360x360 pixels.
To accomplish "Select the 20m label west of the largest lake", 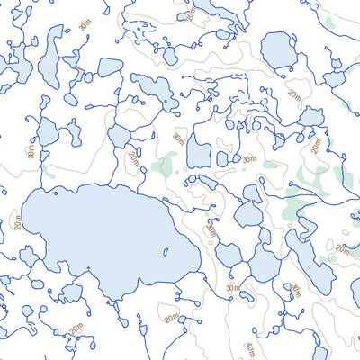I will point(18,220).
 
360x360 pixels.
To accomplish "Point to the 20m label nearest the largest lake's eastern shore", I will point(211,231).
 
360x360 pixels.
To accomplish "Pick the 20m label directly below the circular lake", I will point(294,94).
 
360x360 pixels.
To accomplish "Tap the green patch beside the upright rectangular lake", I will point(166,164).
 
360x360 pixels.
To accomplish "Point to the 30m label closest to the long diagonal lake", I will point(295,291).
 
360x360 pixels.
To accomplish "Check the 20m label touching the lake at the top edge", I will point(190,12).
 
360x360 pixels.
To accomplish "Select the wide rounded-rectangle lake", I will point(110,67).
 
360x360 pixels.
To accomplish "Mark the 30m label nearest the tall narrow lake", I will point(85,25).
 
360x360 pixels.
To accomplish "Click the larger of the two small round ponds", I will point(222,158).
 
